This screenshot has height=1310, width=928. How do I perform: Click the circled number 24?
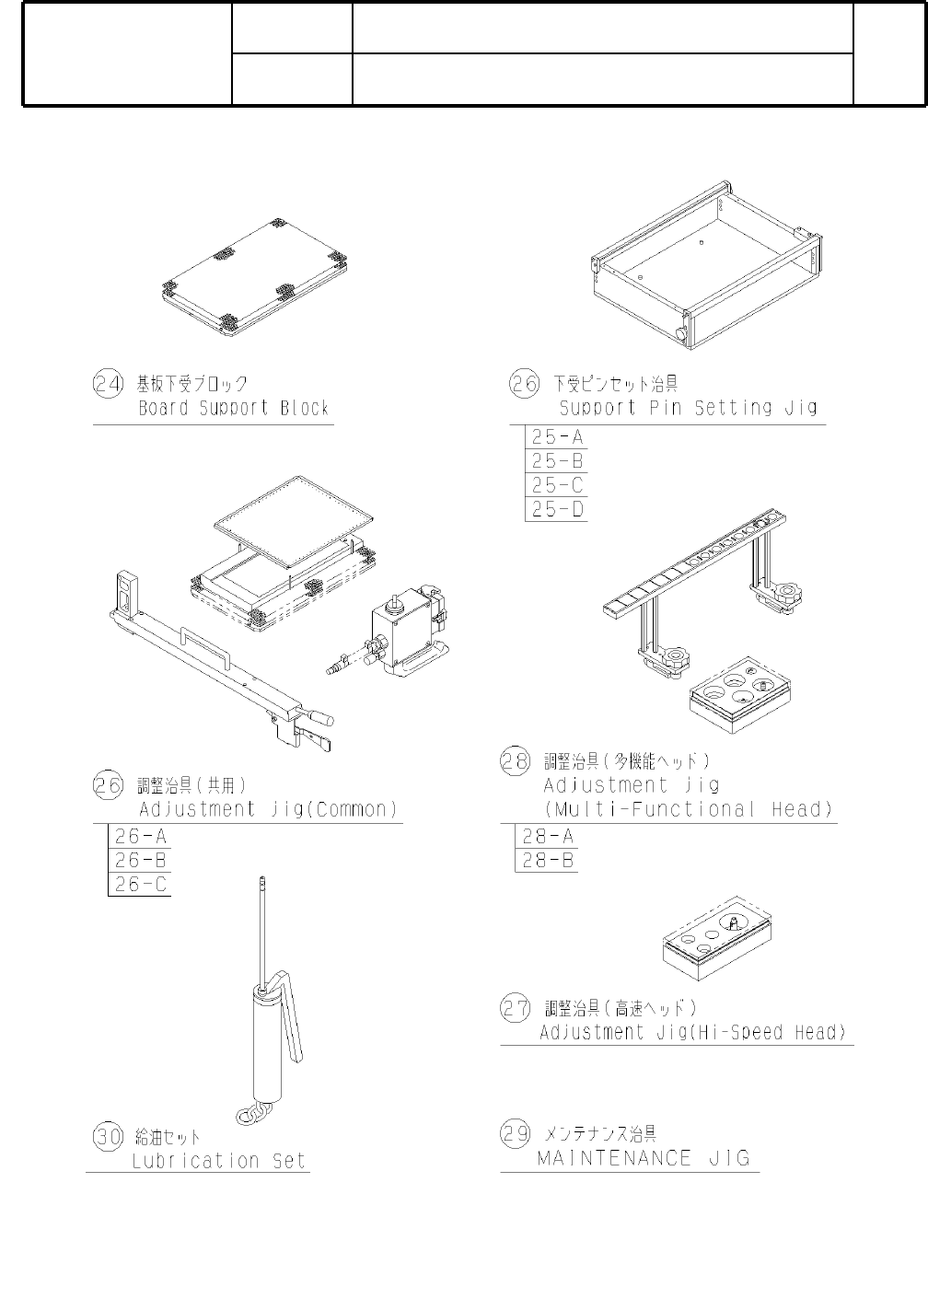click(109, 383)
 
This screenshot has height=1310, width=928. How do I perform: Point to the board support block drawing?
click(254, 275)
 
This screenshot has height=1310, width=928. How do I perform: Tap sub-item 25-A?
click(557, 437)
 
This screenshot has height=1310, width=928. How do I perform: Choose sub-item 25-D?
click(557, 509)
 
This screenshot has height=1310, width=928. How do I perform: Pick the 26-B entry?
click(140, 861)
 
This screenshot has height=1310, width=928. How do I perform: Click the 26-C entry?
click(140, 885)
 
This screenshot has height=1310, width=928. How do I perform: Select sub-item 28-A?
click(548, 837)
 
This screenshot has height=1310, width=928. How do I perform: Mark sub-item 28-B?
click(548, 861)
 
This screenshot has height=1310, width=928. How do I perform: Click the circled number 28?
click(516, 761)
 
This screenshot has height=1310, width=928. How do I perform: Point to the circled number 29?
click(516, 1133)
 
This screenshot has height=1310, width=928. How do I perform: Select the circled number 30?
click(109, 1136)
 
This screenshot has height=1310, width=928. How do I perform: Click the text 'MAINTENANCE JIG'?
click(644, 1158)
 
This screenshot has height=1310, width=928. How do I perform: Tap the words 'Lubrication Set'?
click(218, 1161)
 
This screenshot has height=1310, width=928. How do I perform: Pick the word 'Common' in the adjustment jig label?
click(354, 810)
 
